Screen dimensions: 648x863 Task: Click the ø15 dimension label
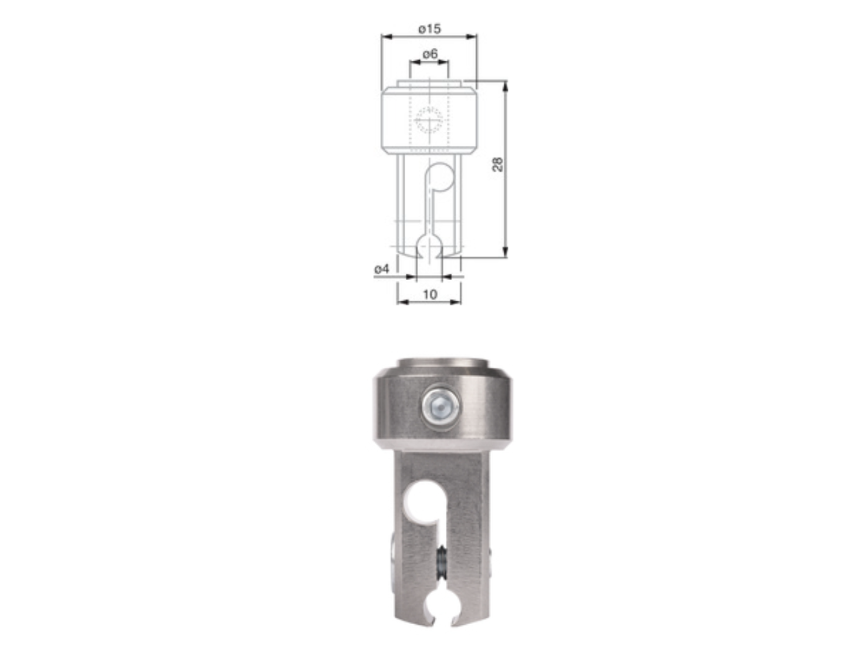(x=429, y=29)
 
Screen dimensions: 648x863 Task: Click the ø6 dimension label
(x=430, y=54)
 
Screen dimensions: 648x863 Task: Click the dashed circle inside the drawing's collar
(x=429, y=119)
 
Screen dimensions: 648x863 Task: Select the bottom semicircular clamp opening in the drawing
(x=429, y=248)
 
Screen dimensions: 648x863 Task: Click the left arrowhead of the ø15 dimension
(x=386, y=37)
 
